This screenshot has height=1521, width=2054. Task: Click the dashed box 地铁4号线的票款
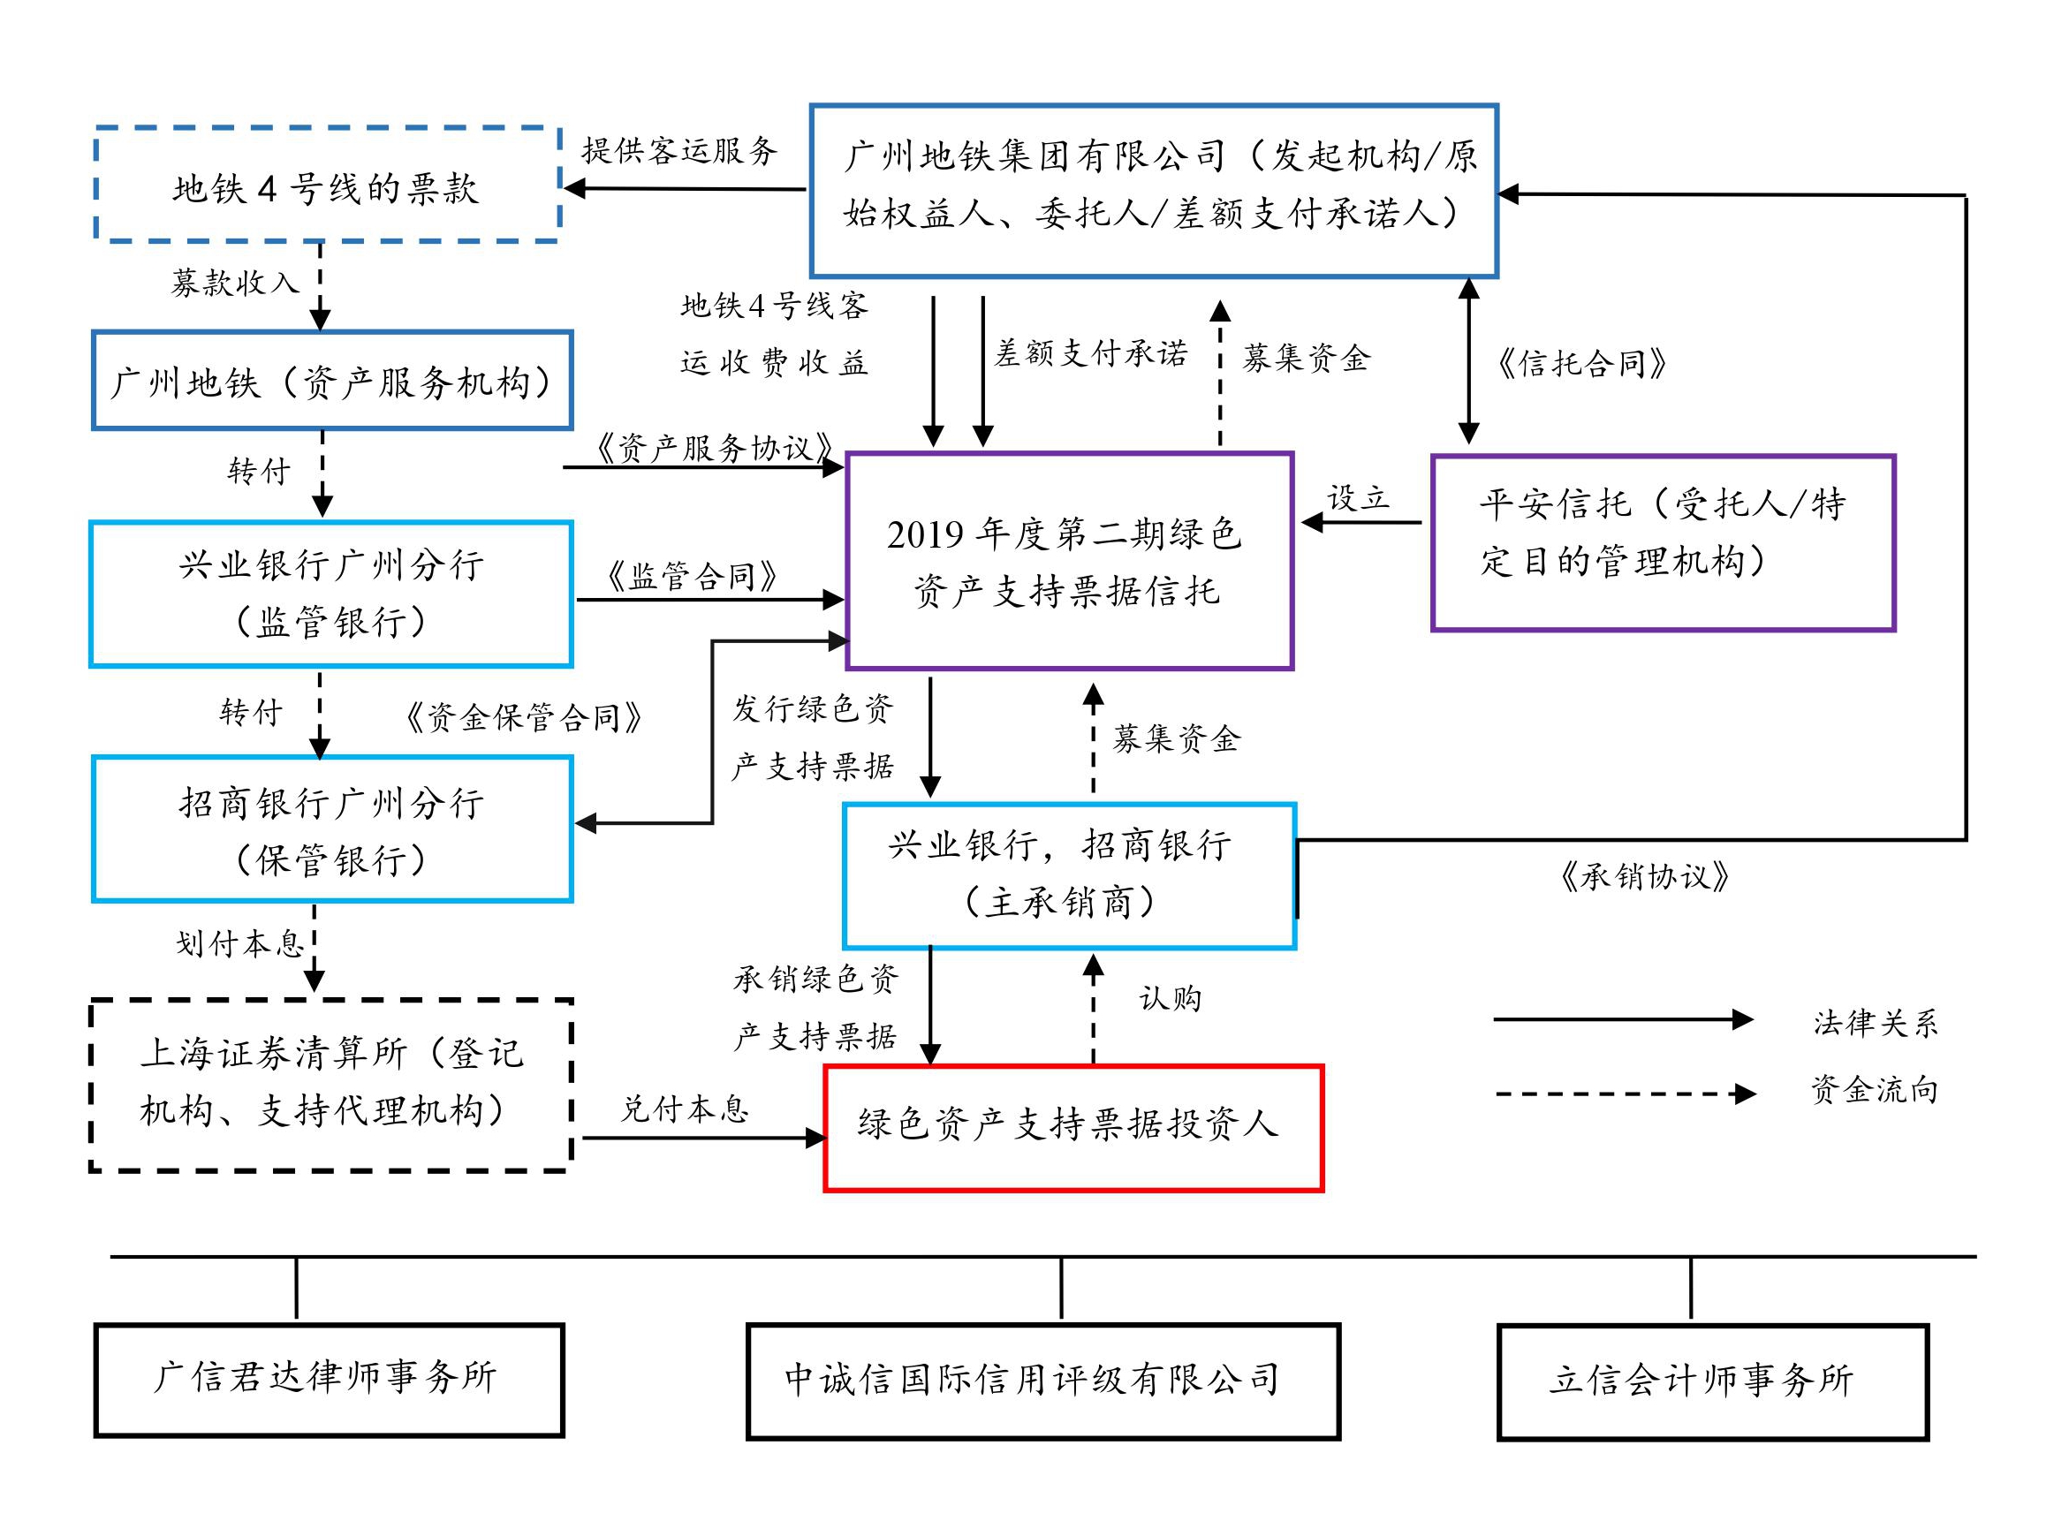[328, 186]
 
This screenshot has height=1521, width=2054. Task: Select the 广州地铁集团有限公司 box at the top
[1154, 190]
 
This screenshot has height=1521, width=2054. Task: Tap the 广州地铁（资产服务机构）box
[331, 380]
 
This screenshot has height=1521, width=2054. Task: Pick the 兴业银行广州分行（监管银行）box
[331, 594]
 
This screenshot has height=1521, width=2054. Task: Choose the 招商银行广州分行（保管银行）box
[331, 829]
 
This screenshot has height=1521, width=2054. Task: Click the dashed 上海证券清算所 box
[331, 1085]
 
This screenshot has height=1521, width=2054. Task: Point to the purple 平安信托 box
[1663, 542]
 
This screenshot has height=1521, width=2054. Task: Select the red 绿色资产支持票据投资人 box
[1072, 1128]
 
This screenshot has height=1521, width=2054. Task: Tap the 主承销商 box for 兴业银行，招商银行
[1069, 875]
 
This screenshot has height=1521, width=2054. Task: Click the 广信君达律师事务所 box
[329, 1379]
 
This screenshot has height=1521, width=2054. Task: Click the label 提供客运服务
[679, 151]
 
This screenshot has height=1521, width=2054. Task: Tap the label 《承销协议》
[1644, 876]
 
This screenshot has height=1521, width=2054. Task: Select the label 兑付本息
[685, 1109]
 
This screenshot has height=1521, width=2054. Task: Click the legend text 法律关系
[1876, 1023]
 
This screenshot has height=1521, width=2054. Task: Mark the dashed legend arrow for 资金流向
[1624, 1093]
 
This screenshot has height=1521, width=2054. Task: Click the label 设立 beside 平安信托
[1357, 498]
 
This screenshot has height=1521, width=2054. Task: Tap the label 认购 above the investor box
[1171, 998]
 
